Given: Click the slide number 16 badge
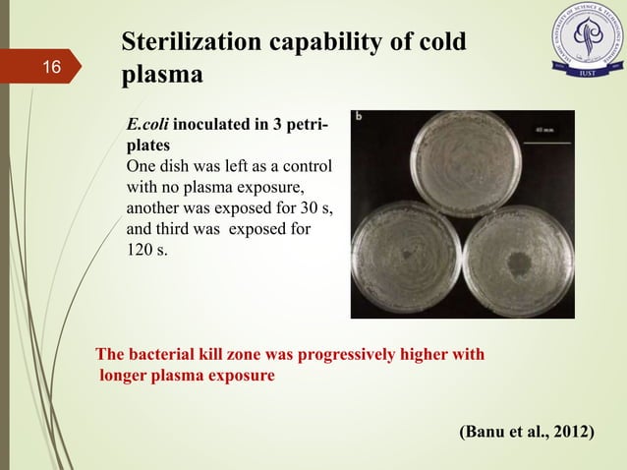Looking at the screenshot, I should [51, 68].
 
